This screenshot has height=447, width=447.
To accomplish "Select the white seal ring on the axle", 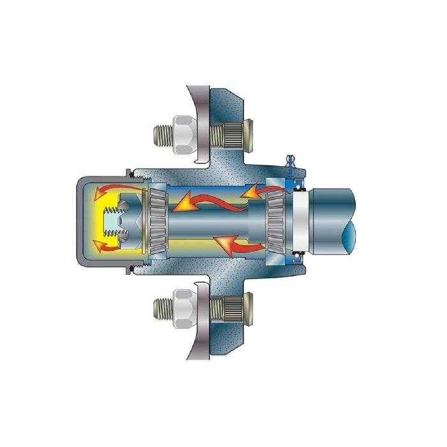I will pyautogui.click(x=301, y=221).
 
